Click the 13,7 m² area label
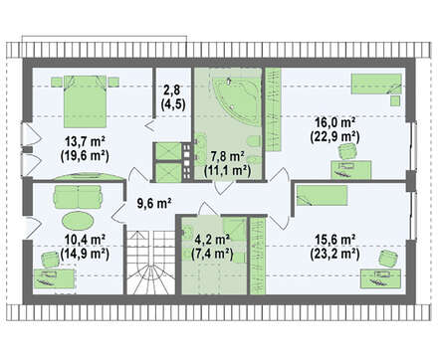pyautogui.click(x=85, y=142)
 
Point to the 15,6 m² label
pyautogui.click(x=335, y=240)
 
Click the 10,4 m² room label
pyautogui.click(x=85, y=240)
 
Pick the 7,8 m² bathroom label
pyautogui.click(x=228, y=156)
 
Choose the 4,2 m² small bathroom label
pyautogui.click(x=213, y=240)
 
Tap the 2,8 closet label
pyautogui.click(x=173, y=90)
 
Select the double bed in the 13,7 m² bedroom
pyautogui.click(x=85, y=101)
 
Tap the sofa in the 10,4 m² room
pyautogui.click(x=77, y=196)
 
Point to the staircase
pyautogui.click(x=150, y=263)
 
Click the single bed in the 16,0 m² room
pyautogui.click(x=376, y=84)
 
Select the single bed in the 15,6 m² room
pyautogui.click(x=322, y=196)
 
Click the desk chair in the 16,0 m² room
pyautogui.click(x=348, y=151)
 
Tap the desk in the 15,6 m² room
pyautogui.click(x=380, y=278)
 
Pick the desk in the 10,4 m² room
pyautogui.click(x=54, y=278)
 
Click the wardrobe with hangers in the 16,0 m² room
pyautogui.click(x=274, y=109)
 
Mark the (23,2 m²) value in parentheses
pyautogui.click(x=335, y=255)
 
